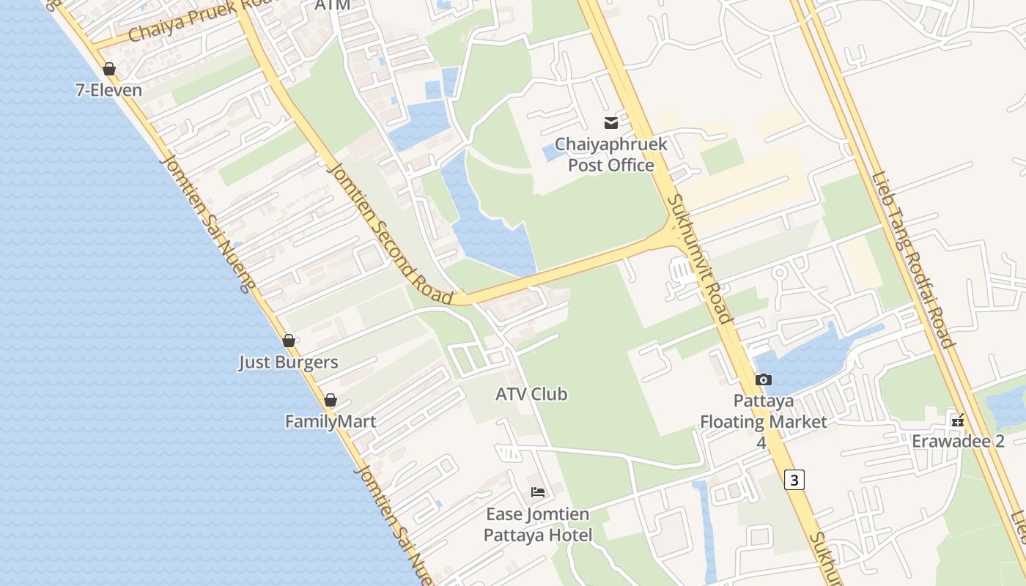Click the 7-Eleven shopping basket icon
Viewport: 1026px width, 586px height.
click(109, 69)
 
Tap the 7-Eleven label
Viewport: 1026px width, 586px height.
click(108, 90)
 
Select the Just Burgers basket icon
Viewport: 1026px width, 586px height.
click(289, 341)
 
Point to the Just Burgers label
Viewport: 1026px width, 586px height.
click(289, 362)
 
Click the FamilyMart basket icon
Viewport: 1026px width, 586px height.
click(331, 400)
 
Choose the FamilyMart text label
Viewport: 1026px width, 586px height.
click(331, 421)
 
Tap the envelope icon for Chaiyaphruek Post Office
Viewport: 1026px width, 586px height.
click(610, 122)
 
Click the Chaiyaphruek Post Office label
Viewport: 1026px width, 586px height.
click(610, 155)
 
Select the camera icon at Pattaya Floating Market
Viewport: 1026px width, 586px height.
click(763, 379)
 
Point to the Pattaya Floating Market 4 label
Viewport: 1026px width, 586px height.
click(763, 421)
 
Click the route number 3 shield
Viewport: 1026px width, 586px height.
click(794, 479)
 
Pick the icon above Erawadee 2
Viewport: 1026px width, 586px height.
click(957, 420)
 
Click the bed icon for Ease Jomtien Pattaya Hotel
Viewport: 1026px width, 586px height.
click(538, 492)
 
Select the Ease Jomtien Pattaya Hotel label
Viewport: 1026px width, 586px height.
click(538, 524)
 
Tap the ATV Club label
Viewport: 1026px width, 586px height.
click(531, 394)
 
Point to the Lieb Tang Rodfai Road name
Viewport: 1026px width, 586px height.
click(912, 260)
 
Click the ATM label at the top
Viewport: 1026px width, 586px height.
click(332, 5)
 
